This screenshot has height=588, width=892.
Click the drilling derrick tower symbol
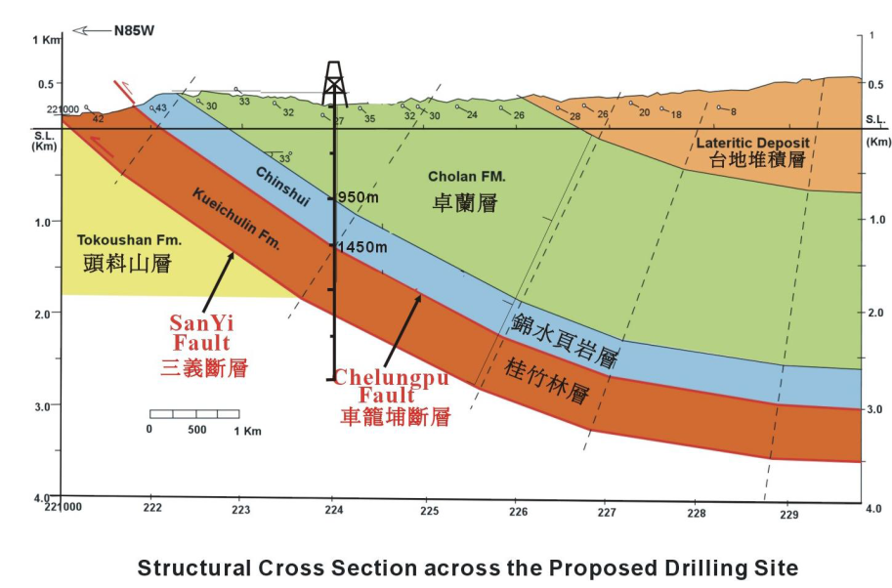coord(334,84)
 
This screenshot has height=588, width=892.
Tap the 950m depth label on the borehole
coord(359,197)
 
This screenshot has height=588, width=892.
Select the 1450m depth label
coord(362,247)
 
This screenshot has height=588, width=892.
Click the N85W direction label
coord(134,30)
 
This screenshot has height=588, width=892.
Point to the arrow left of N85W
coord(91,30)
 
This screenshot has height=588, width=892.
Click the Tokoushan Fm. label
coord(129,240)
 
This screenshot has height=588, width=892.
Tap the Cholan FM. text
coord(466,176)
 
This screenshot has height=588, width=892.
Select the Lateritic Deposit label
coord(752,143)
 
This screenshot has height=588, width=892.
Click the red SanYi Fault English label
coord(202,333)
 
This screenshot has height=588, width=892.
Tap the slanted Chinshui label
coord(282,186)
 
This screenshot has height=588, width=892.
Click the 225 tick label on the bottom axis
coord(430,511)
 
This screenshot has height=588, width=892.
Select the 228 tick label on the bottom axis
coord(697,514)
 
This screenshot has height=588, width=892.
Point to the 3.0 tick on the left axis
coord(43,406)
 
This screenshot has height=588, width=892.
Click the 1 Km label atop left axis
coord(46,40)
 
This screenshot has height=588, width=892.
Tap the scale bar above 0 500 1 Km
coord(194,414)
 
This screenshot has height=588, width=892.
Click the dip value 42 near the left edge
coord(99,119)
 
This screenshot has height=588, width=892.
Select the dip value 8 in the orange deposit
coord(734,111)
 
